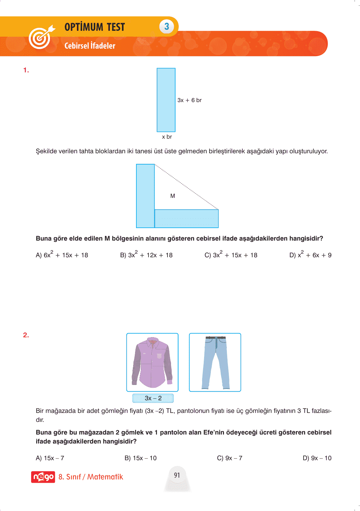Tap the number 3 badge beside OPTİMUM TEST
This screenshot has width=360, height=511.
point(167,26)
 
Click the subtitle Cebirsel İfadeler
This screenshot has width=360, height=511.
point(90,46)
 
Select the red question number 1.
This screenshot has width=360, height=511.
point(26,70)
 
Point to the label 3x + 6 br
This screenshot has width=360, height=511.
point(189,100)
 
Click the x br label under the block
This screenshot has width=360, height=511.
point(167,137)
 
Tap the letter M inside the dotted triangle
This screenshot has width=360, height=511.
point(173,196)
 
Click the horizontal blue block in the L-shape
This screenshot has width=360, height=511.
point(186,218)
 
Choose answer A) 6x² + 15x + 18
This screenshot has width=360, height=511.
point(62,255)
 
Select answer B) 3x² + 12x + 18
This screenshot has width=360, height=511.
point(146,255)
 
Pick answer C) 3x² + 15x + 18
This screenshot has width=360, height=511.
point(231,255)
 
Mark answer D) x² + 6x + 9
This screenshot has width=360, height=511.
point(310,255)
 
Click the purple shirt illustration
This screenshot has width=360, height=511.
point(152,362)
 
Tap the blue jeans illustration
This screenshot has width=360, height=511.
point(215,362)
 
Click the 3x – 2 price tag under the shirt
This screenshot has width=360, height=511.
point(153,398)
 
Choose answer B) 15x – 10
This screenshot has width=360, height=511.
point(141,458)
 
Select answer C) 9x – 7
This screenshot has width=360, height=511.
point(230,458)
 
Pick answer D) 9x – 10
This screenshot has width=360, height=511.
point(317,458)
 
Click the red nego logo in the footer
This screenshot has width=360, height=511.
point(43,477)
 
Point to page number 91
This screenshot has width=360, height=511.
point(177,475)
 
